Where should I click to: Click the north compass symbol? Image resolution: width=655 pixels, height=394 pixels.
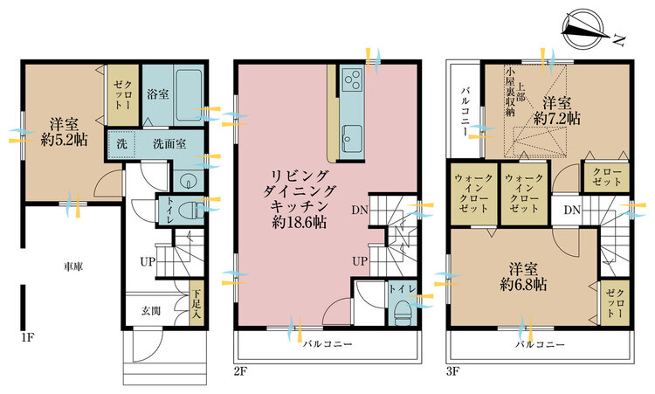(x=584, y=29)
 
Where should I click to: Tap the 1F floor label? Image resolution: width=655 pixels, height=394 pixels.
(x=27, y=337)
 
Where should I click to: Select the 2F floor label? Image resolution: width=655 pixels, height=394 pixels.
(x=241, y=370)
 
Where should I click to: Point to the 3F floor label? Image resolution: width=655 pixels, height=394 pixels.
(x=453, y=370)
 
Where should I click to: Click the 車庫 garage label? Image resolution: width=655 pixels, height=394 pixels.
(x=73, y=266)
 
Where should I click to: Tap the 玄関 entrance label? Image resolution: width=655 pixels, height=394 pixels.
(x=151, y=310)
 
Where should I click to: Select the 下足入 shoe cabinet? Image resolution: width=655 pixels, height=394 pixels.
(x=196, y=301)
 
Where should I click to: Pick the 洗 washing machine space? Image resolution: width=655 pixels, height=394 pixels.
(x=121, y=144)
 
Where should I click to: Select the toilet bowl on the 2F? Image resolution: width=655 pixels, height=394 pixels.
(x=403, y=309)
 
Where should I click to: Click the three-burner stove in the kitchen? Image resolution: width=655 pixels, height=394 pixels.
(x=352, y=79)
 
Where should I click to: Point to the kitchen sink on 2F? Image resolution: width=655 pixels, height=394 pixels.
(x=351, y=139)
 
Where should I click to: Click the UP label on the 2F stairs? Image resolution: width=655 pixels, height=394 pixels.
(x=360, y=261)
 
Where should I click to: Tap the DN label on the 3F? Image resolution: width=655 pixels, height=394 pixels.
(x=572, y=210)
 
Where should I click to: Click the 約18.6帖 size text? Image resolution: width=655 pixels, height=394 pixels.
(x=299, y=222)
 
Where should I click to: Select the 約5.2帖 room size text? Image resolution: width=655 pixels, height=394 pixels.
(x=65, y=140)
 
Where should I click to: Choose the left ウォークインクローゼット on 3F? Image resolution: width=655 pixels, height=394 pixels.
(x=473, y=194)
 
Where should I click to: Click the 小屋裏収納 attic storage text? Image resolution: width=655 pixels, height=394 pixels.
(x=510, y=92)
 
